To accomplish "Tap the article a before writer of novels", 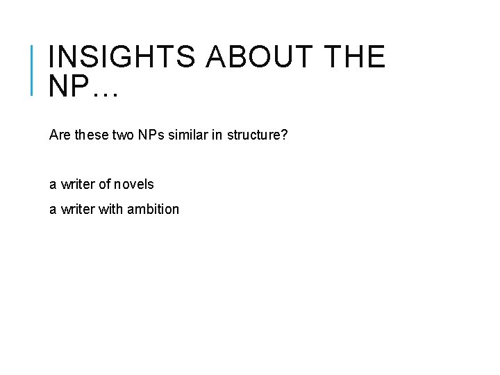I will pyautogui.click(x=53, y=185).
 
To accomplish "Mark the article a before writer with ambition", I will pyautogui.click(x=53, y=209).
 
